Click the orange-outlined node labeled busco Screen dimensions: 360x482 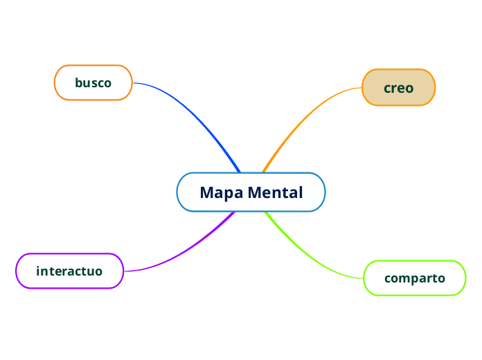coord(93,83)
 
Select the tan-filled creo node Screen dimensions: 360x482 coord(398,88)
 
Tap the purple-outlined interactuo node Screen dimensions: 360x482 coord(69,271)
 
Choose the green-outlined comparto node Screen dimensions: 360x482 coord(414,278)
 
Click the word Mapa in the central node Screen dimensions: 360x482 coord(221,192)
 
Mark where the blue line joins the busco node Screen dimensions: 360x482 coord(133,83)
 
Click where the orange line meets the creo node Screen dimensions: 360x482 coord(361,88)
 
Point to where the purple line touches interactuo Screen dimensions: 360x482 coord(124,271)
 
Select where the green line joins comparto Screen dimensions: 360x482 coord(363,278)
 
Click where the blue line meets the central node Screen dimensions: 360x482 coord(239,172)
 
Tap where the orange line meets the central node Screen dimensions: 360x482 coord(263,172)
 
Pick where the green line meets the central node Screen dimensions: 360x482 coord(266,212)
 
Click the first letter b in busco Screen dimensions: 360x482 coord(78,83)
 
